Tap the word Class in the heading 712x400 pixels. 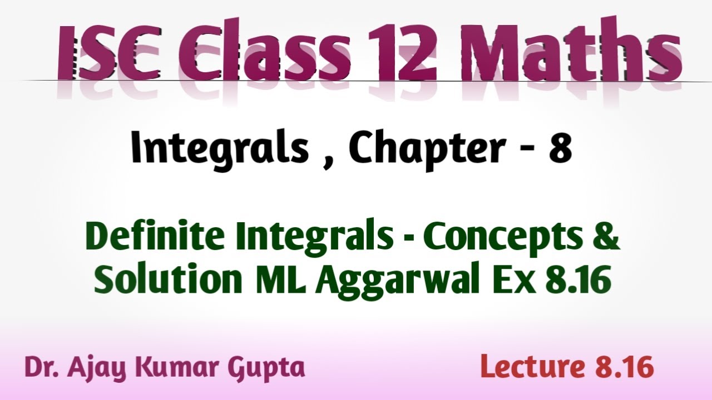click(x=264, y=50)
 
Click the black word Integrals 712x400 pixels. click(x=220, y=150)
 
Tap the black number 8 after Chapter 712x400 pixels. click(x=560, y=148)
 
